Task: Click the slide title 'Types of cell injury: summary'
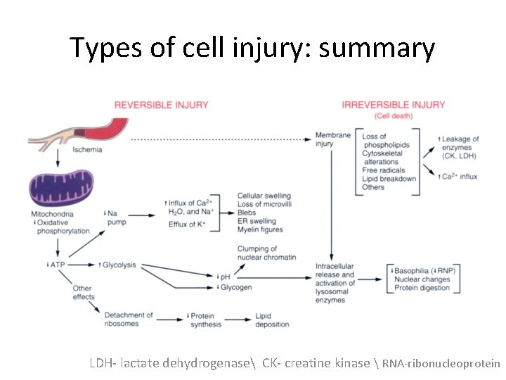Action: [x=252, y=48]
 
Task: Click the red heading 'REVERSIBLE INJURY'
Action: [x=161, y=105]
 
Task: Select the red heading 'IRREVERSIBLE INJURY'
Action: [x=394, y=105]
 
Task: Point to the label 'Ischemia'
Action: [x=87, y=150]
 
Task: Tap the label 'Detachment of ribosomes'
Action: [x=128, y=319]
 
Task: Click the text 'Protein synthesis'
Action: [x=205, y=319]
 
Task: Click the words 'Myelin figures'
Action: [x=260, y=229]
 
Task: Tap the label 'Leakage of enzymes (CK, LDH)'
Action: [x=458, y=148]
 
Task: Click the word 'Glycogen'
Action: [x=238, y=287]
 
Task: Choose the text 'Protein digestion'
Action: [x=422, y=288]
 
